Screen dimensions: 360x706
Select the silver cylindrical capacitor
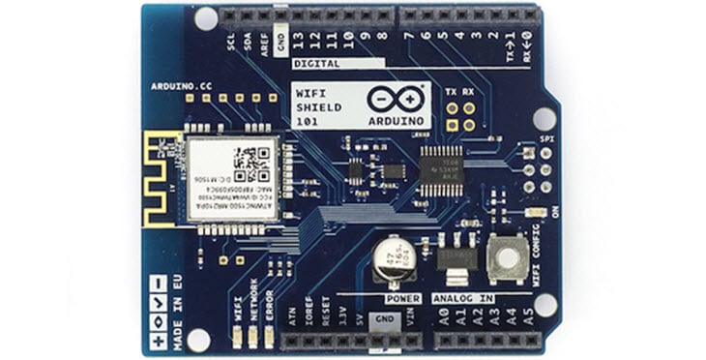click(x=391, y=261)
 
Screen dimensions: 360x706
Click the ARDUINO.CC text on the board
click(x=182, y=86)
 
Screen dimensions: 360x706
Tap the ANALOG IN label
click(x=461, y=298)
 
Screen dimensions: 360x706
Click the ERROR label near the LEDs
click(x=269, y=309)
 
